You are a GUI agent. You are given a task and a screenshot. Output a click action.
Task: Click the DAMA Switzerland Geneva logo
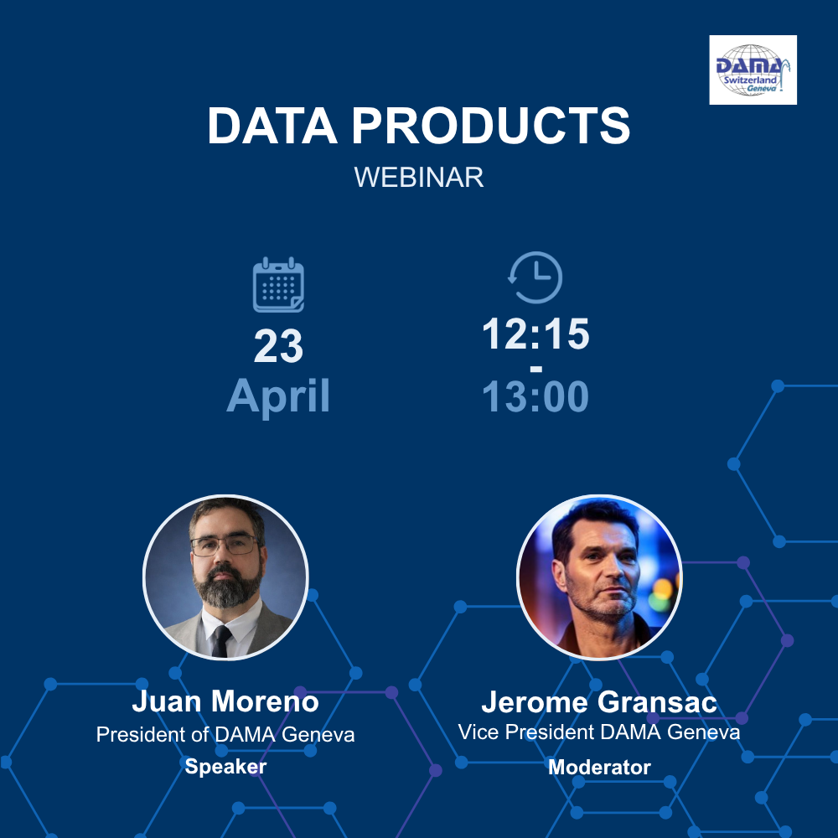(x=753, y=70)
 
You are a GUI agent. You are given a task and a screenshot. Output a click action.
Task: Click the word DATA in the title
(x=272, y=126)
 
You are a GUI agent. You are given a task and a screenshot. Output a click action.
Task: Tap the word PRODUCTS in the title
(x=490, y=126)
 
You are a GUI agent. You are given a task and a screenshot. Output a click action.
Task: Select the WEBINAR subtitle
(x=419, y=178)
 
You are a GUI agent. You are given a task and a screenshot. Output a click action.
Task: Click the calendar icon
(x=278, y=284)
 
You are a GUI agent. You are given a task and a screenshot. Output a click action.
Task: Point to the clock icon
(x=535, y=277)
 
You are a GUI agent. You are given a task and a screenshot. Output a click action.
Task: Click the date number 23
(x=278, y=346)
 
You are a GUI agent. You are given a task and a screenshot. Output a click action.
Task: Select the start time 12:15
(x=535, y=334)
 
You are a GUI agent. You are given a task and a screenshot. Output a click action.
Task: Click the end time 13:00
(x=535, y=396)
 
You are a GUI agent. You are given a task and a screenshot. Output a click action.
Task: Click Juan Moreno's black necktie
(x=221, y=641)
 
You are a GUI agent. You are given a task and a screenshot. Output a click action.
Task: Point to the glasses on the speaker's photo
(x=225, y=546)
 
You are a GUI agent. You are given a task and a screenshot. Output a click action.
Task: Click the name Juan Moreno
(x=225, y=701)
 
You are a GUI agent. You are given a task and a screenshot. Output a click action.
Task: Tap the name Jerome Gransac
(x=599, y=701)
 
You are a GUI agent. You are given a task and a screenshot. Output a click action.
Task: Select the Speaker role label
(x=225, y=767)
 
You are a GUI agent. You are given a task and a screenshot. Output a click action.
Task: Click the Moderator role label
(x=600, y=768)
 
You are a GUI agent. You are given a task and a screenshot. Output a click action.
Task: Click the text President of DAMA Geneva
(x=225, y=735)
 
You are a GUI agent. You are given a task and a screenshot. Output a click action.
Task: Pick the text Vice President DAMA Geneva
(x=599, y=732)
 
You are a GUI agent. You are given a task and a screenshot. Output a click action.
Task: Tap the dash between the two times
(x=536, y=369)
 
